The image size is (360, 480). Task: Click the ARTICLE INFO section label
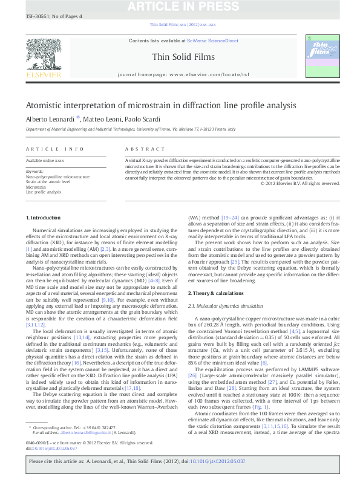click(x=55, y=149)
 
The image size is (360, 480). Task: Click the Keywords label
click(x=35, y=171)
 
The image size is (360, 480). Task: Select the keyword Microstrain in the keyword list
click(x=36, y=187)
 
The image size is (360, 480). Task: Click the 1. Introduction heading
click(x=44, y=217)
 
